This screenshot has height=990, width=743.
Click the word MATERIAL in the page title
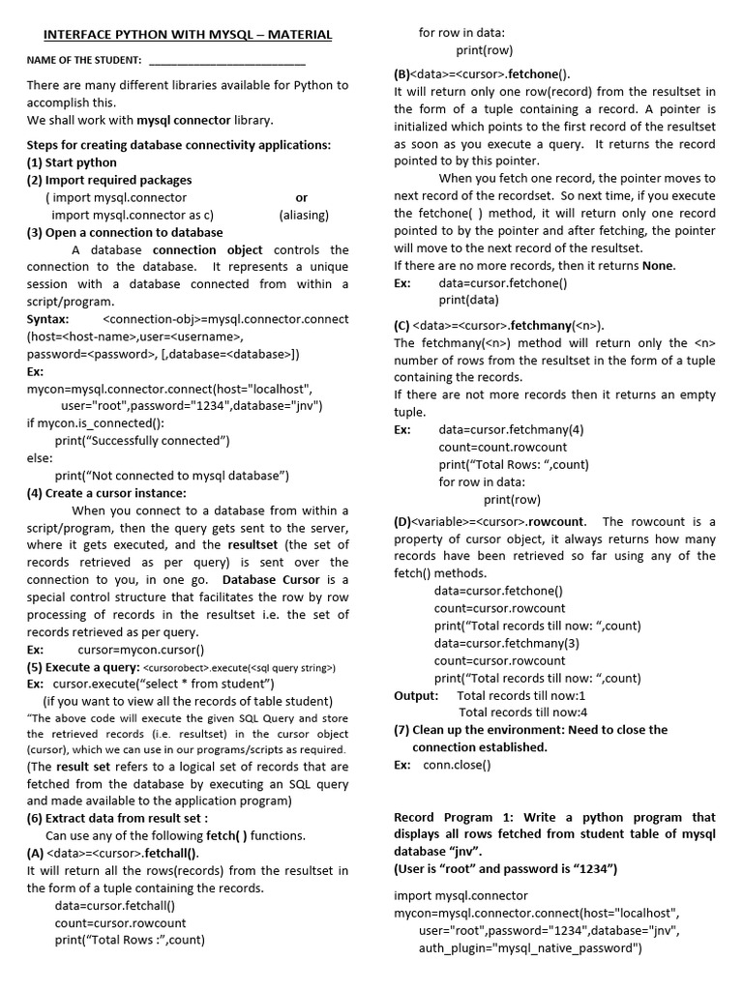click(x=294, y=35)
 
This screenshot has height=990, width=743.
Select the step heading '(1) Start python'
click(x=72, y=162)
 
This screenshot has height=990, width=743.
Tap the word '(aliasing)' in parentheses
click(x=304, y=215)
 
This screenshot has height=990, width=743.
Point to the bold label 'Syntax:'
click(x=48, y=319)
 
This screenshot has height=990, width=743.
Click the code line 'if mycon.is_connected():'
click(x=96, y=423)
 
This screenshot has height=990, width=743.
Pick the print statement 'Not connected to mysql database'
click(x=172, y=476)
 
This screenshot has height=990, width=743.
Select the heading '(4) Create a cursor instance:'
click(x=106, y=493)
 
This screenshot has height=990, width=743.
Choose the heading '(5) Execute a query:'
click(x=83, y=667)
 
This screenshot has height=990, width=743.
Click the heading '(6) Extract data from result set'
click(x=116, y=818)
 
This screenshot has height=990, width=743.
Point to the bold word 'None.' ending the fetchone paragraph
click(x=659, y=266)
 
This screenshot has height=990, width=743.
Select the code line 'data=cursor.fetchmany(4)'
click(x=511, y=429)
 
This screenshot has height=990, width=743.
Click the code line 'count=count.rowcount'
click(x=503, y=447)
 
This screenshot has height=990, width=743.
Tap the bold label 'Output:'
click(x=416, y=695)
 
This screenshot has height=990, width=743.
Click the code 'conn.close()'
click(x=457, y=765)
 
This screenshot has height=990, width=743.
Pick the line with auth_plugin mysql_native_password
click(x=530, y=948)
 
